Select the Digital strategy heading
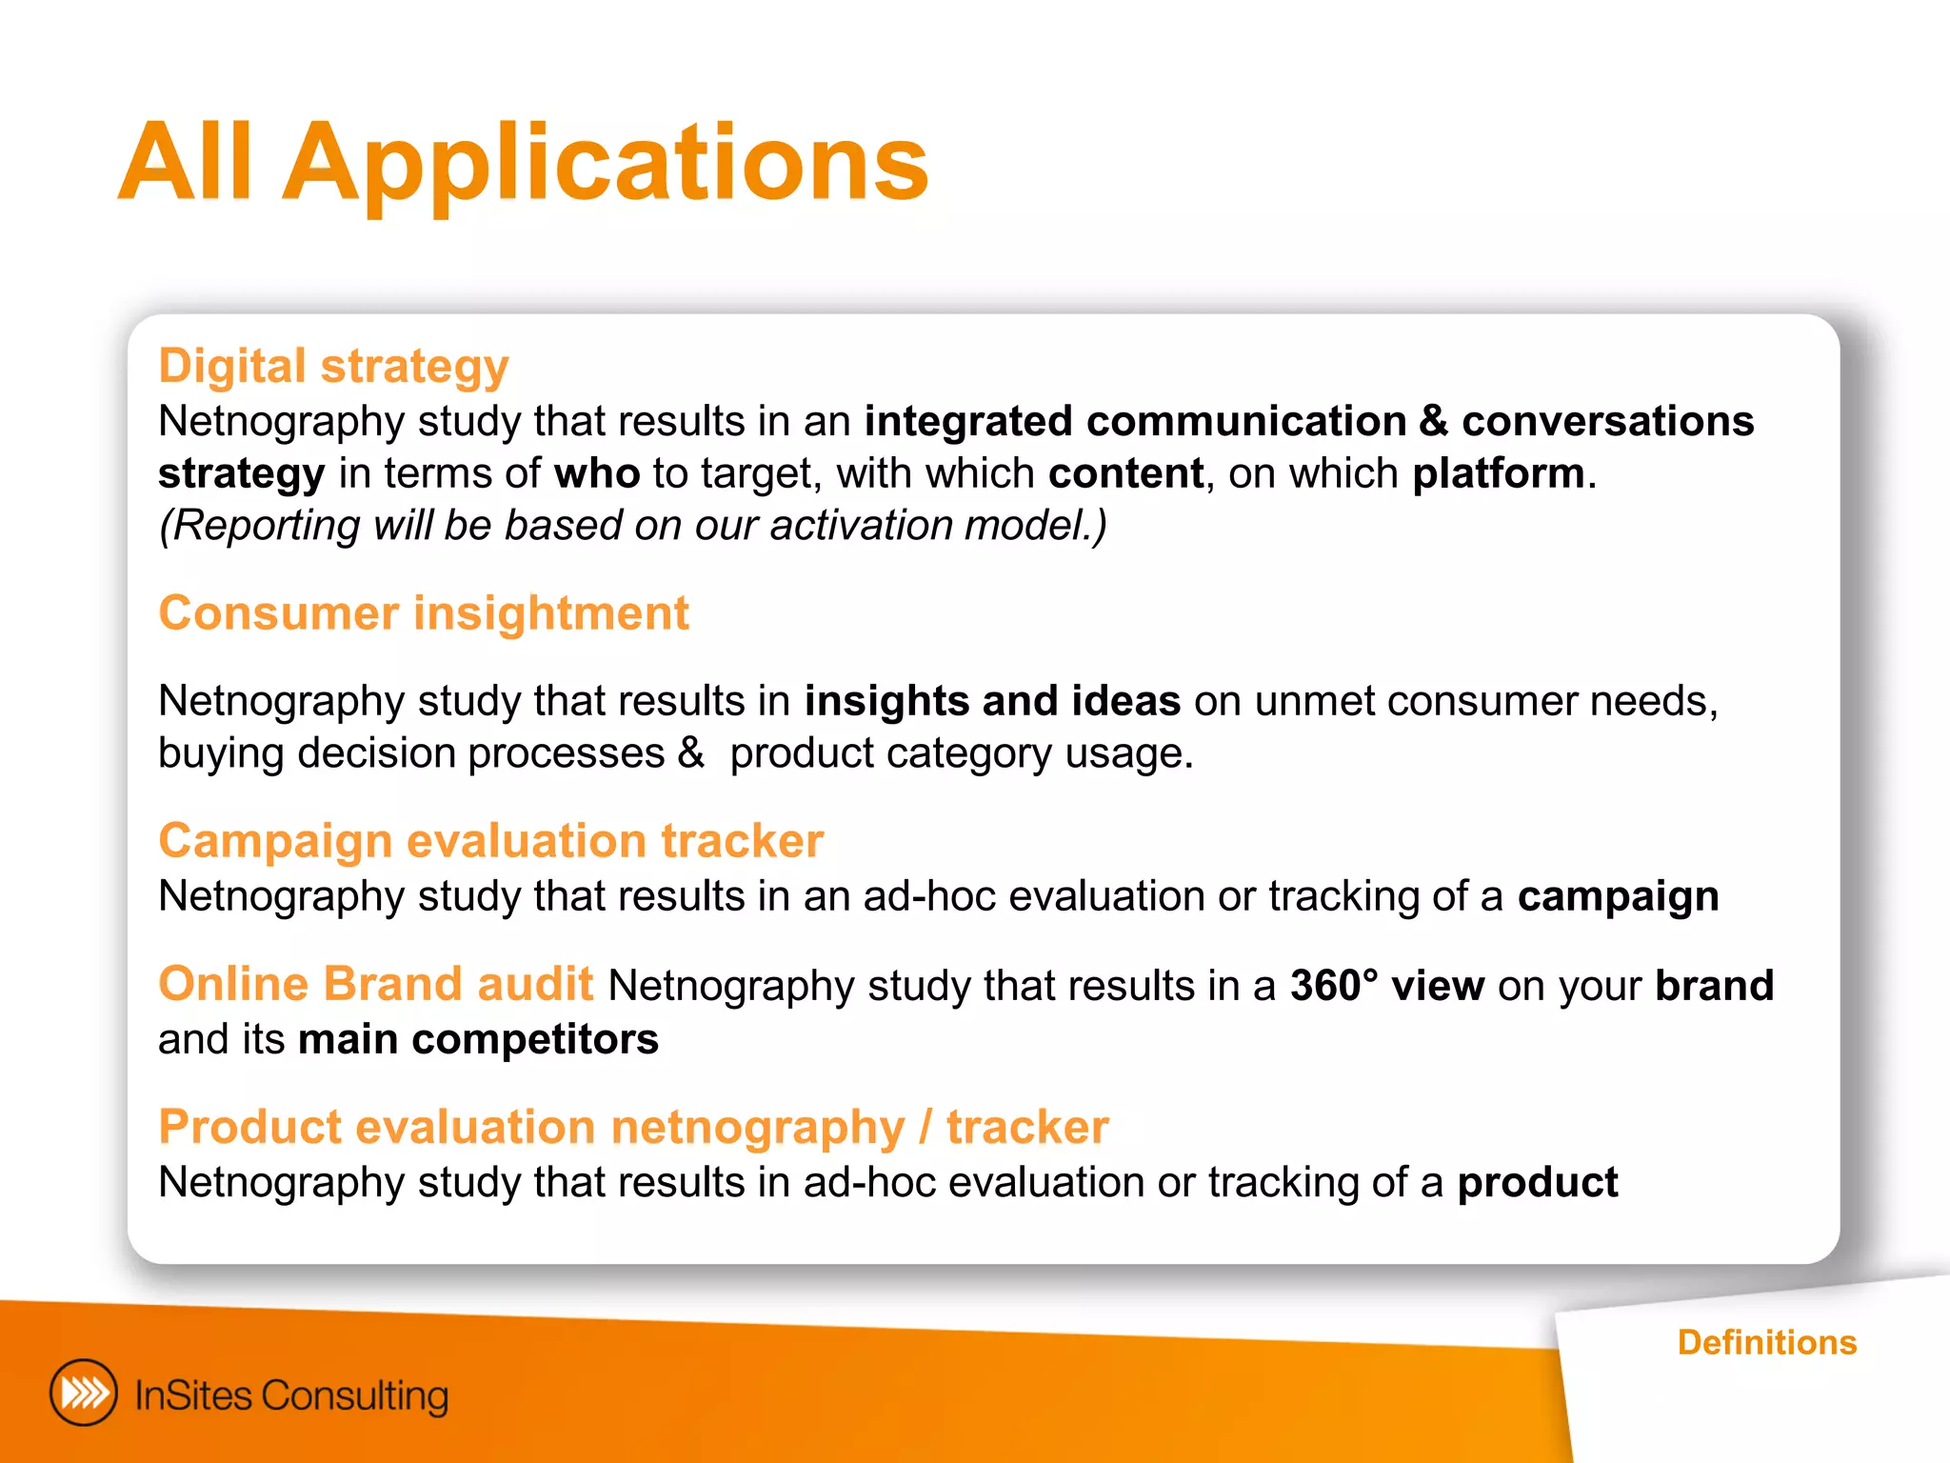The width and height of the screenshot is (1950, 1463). (333, 366)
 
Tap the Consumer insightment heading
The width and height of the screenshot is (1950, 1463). (423, 612)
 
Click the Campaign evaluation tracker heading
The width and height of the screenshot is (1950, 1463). (490, 841)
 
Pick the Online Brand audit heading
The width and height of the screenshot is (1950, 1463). (375, 984)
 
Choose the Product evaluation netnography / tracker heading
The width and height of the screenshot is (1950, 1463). (633, 1127)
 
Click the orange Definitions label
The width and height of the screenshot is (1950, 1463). (1766, 1342)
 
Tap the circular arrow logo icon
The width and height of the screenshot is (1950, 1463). (84, 1393)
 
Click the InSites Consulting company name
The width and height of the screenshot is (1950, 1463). (291, 1395)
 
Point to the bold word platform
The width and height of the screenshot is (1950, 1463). (1498, 473)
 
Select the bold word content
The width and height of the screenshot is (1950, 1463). (1125, 473)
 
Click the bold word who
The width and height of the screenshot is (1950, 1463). (597, 473)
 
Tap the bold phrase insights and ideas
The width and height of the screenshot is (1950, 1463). (992, 701)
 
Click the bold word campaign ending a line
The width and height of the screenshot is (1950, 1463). (1618, 897)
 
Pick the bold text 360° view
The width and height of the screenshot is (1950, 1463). (1386, 986)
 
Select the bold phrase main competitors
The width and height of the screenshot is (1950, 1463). (478, 1039)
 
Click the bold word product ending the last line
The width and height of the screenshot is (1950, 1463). (1537, 1183)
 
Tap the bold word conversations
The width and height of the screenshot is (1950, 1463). (1607, 421)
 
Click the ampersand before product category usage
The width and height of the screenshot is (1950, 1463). (690, 753)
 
